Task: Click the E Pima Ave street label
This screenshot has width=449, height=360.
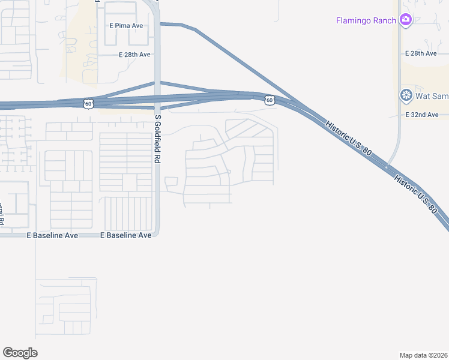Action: (x=126, y=25)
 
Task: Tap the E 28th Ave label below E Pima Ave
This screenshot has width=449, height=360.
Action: (x=134, y=55)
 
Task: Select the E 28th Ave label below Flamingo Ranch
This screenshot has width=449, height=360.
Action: (x=421, y=53)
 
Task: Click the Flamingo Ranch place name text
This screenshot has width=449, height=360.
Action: (x=366, y=20)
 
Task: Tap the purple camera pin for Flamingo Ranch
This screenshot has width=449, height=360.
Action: (x=406, y=20)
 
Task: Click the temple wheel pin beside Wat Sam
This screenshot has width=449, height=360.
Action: (x=406, y=95)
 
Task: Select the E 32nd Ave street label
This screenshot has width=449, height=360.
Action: (x=426, y=114)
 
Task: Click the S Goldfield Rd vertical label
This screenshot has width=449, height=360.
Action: (x=158, y=139)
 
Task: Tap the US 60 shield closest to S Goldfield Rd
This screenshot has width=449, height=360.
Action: (x=89, y=104)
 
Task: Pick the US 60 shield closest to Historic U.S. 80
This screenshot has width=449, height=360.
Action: (x=270, y=100)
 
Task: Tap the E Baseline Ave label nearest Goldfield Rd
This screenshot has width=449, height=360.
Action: (x=126, y=236)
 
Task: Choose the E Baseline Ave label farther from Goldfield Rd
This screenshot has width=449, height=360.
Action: (x=52, y=236)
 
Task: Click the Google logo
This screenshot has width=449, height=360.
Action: (x=20, y=352)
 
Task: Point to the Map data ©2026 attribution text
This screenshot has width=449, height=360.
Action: (x=424, y=355)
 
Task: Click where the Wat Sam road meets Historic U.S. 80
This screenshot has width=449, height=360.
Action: (x=389, y=166)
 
